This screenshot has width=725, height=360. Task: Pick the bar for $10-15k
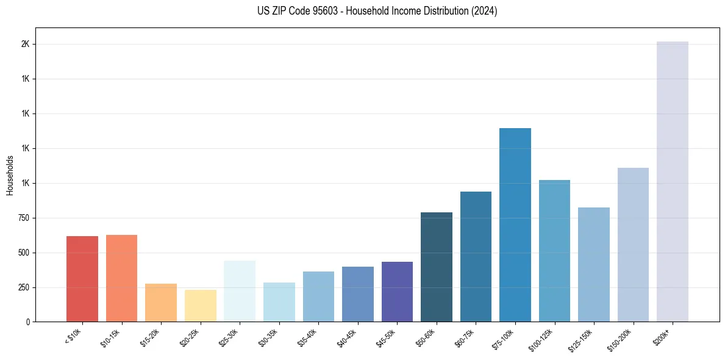click(121, 278)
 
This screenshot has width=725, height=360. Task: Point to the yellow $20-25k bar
click(200, 306)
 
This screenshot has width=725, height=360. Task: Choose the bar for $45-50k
click(397, 292)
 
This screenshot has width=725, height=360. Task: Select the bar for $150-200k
click(633, 244)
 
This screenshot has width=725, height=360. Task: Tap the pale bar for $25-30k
click(240, 291)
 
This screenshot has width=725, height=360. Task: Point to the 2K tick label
click(26, 45)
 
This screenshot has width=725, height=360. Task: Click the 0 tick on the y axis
click(28, 322)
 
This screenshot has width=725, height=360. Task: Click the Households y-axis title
click(10, 175)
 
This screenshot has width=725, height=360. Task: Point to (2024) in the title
click(484, 11)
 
